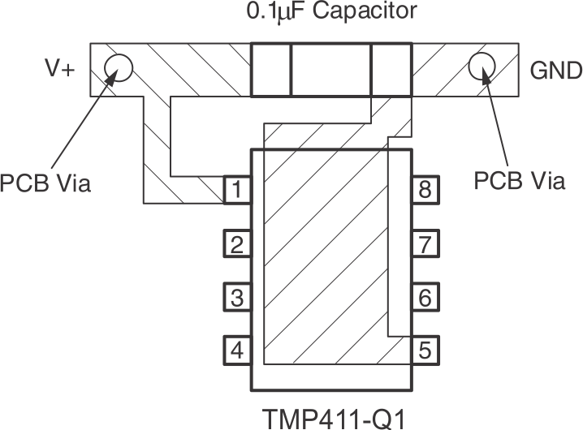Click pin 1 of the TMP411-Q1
click(236, 191)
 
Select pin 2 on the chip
click(236, 244)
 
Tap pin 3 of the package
click(236, 298)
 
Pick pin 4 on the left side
click(236, 351)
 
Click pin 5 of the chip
click(425, 351)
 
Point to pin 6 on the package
click(425, 298)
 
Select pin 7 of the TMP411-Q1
click(425, 244)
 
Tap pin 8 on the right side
click(425, 191)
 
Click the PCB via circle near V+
click(119, 68)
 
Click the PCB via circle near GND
click(482, 67)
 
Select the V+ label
click(59, 70)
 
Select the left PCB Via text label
click(45, 183)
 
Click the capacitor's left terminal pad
click(270, 71)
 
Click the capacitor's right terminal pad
click(391, 71)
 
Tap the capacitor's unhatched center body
click(330, 71)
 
